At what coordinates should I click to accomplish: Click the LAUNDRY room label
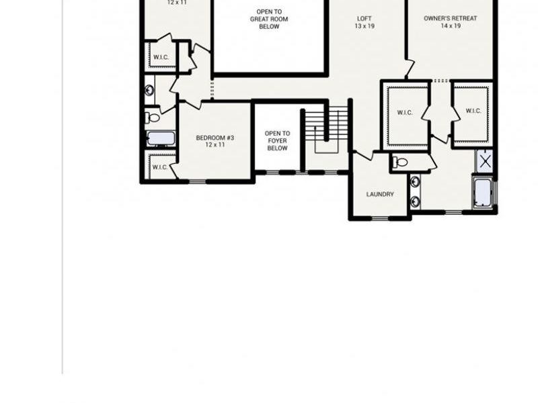click(x=380, y=195)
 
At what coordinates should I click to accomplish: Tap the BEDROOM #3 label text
click(x=215, y=138)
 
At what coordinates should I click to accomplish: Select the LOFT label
click(x=364, y=18)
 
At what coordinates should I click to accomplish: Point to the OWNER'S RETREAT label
click(x=451, y=18)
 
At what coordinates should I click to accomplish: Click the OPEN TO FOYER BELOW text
click(x=277, y=140)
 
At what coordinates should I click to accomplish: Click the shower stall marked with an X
click(x=485, y=161)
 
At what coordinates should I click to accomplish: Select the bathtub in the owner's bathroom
click(x=482, y=193)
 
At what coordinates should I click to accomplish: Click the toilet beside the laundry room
click(x=400, y=162)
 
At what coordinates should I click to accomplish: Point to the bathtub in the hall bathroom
click(x=161, y=139)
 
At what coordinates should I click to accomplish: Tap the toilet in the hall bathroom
click(x=153, y=118)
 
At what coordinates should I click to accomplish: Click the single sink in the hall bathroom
click(x=149, y=89)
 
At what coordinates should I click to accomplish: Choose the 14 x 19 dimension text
click(x=451, y=26)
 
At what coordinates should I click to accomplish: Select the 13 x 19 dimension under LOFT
click(x=364, y=26)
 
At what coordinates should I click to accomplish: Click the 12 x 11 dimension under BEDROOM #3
click(x=215, y=145)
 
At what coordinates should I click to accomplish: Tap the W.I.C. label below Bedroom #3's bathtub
click(x=159, y=167)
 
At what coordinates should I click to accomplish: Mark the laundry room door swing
click(x=363, y=156)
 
